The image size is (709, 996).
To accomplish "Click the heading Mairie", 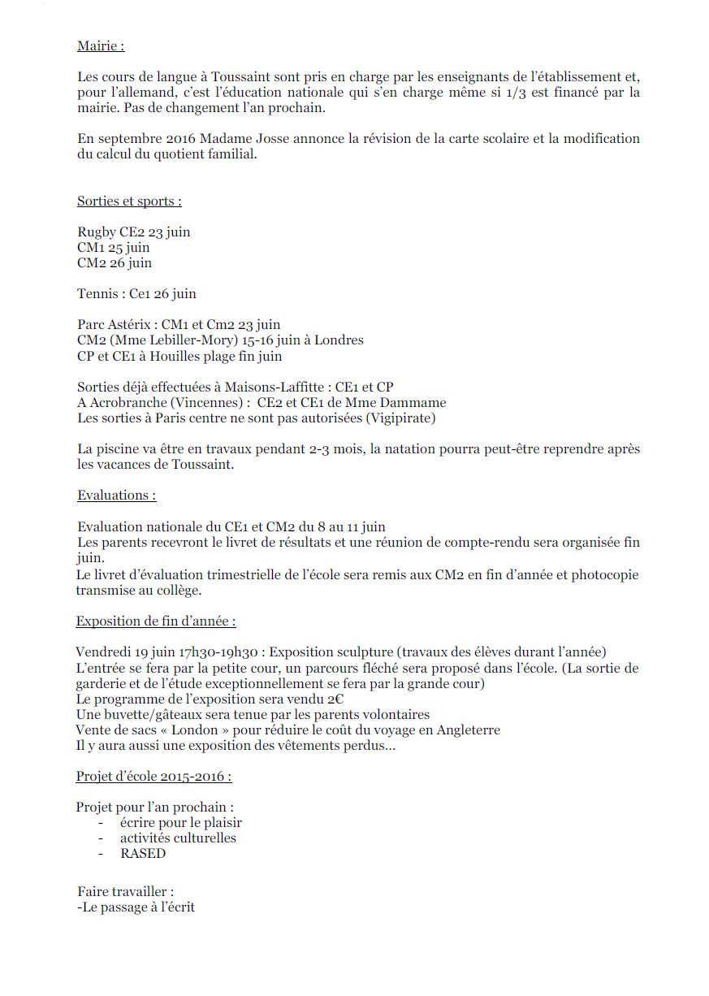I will pos(101,46).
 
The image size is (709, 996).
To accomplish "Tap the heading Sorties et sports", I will pos(129,201).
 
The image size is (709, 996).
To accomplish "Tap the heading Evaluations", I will pos(116,496).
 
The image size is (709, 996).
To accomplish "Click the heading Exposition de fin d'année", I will pos(156,621).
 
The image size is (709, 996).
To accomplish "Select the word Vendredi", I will pos(102,652).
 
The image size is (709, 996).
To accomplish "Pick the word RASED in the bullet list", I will pos(143,854).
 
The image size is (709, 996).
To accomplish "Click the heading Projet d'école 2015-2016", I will pos(153,777).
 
